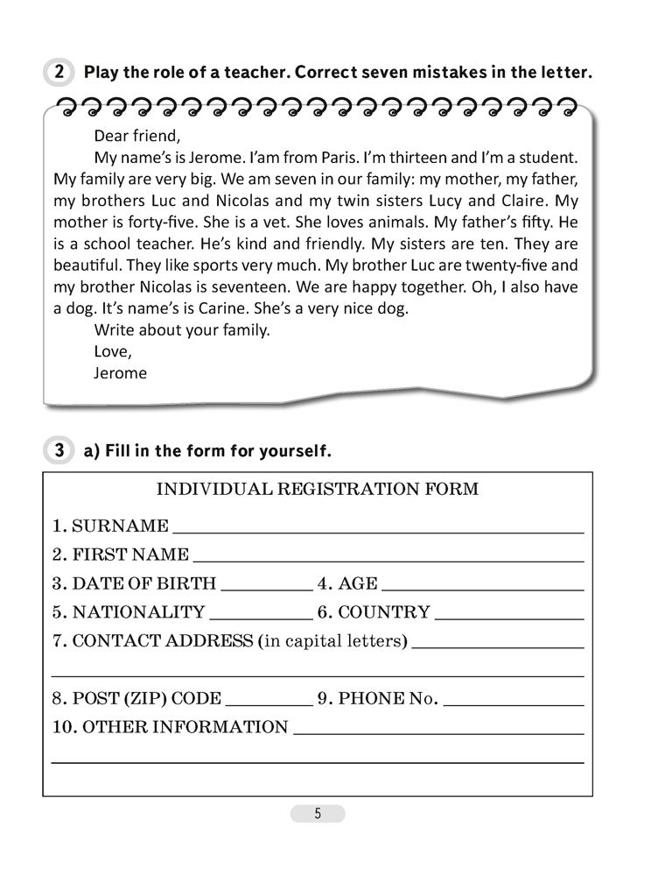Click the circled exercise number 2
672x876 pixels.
(58, 74)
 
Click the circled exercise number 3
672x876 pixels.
(58, 451)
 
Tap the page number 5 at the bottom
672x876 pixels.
(318, 814)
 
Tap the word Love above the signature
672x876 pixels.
(111, 351)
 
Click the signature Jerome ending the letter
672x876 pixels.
(120, 372)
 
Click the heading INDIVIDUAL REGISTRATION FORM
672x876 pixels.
(317, 489)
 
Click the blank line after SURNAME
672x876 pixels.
(378, 530)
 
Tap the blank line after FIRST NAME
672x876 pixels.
(388, 558)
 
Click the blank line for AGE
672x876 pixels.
(482, 589)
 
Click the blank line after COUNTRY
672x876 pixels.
(508, 617)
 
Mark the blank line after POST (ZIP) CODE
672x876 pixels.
(269, 703)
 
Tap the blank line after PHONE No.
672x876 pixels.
(514, 703)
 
